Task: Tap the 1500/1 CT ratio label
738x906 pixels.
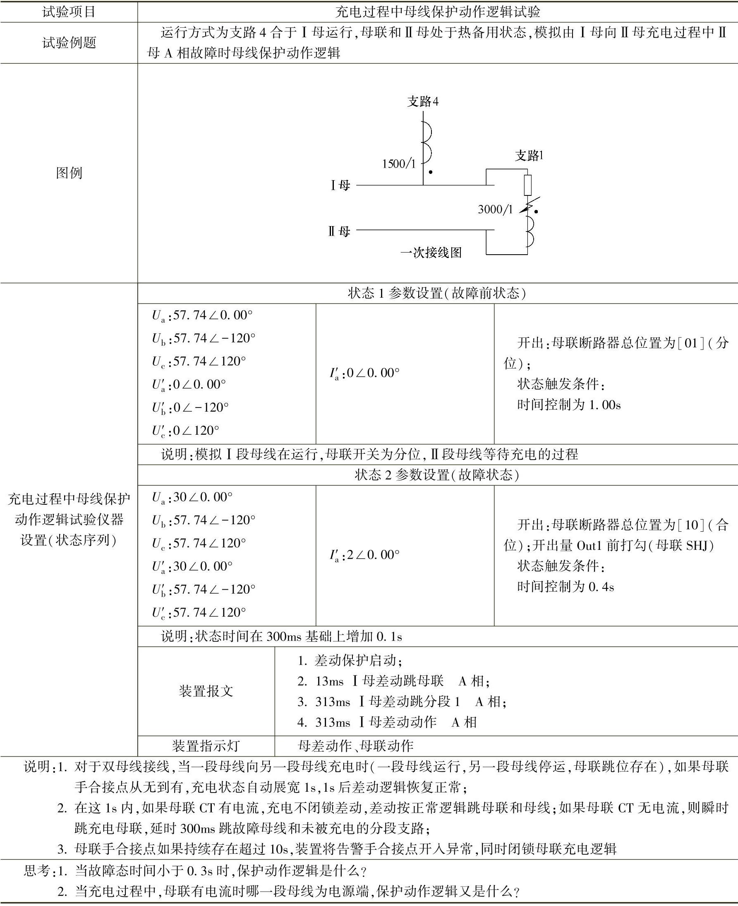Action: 398,164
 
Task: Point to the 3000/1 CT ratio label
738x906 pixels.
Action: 495,210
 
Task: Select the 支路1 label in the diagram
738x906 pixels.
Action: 529,156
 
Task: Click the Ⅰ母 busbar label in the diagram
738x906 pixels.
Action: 340,186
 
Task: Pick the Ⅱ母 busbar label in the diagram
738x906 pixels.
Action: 339,231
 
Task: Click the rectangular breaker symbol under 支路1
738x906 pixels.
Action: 527,185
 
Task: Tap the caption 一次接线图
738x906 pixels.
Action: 431,253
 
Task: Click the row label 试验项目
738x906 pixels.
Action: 69,12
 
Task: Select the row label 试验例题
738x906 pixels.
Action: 69,43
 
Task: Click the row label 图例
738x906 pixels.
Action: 69,173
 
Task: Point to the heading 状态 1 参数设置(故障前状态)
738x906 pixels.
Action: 437,293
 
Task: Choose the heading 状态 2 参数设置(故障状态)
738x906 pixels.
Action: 437,475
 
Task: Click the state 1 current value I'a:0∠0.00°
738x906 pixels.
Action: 364,373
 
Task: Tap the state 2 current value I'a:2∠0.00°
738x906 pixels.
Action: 364,555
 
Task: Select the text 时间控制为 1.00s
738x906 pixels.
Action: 568,405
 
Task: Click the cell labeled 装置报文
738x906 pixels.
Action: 206,691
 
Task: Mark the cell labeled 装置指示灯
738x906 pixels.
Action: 206,746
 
